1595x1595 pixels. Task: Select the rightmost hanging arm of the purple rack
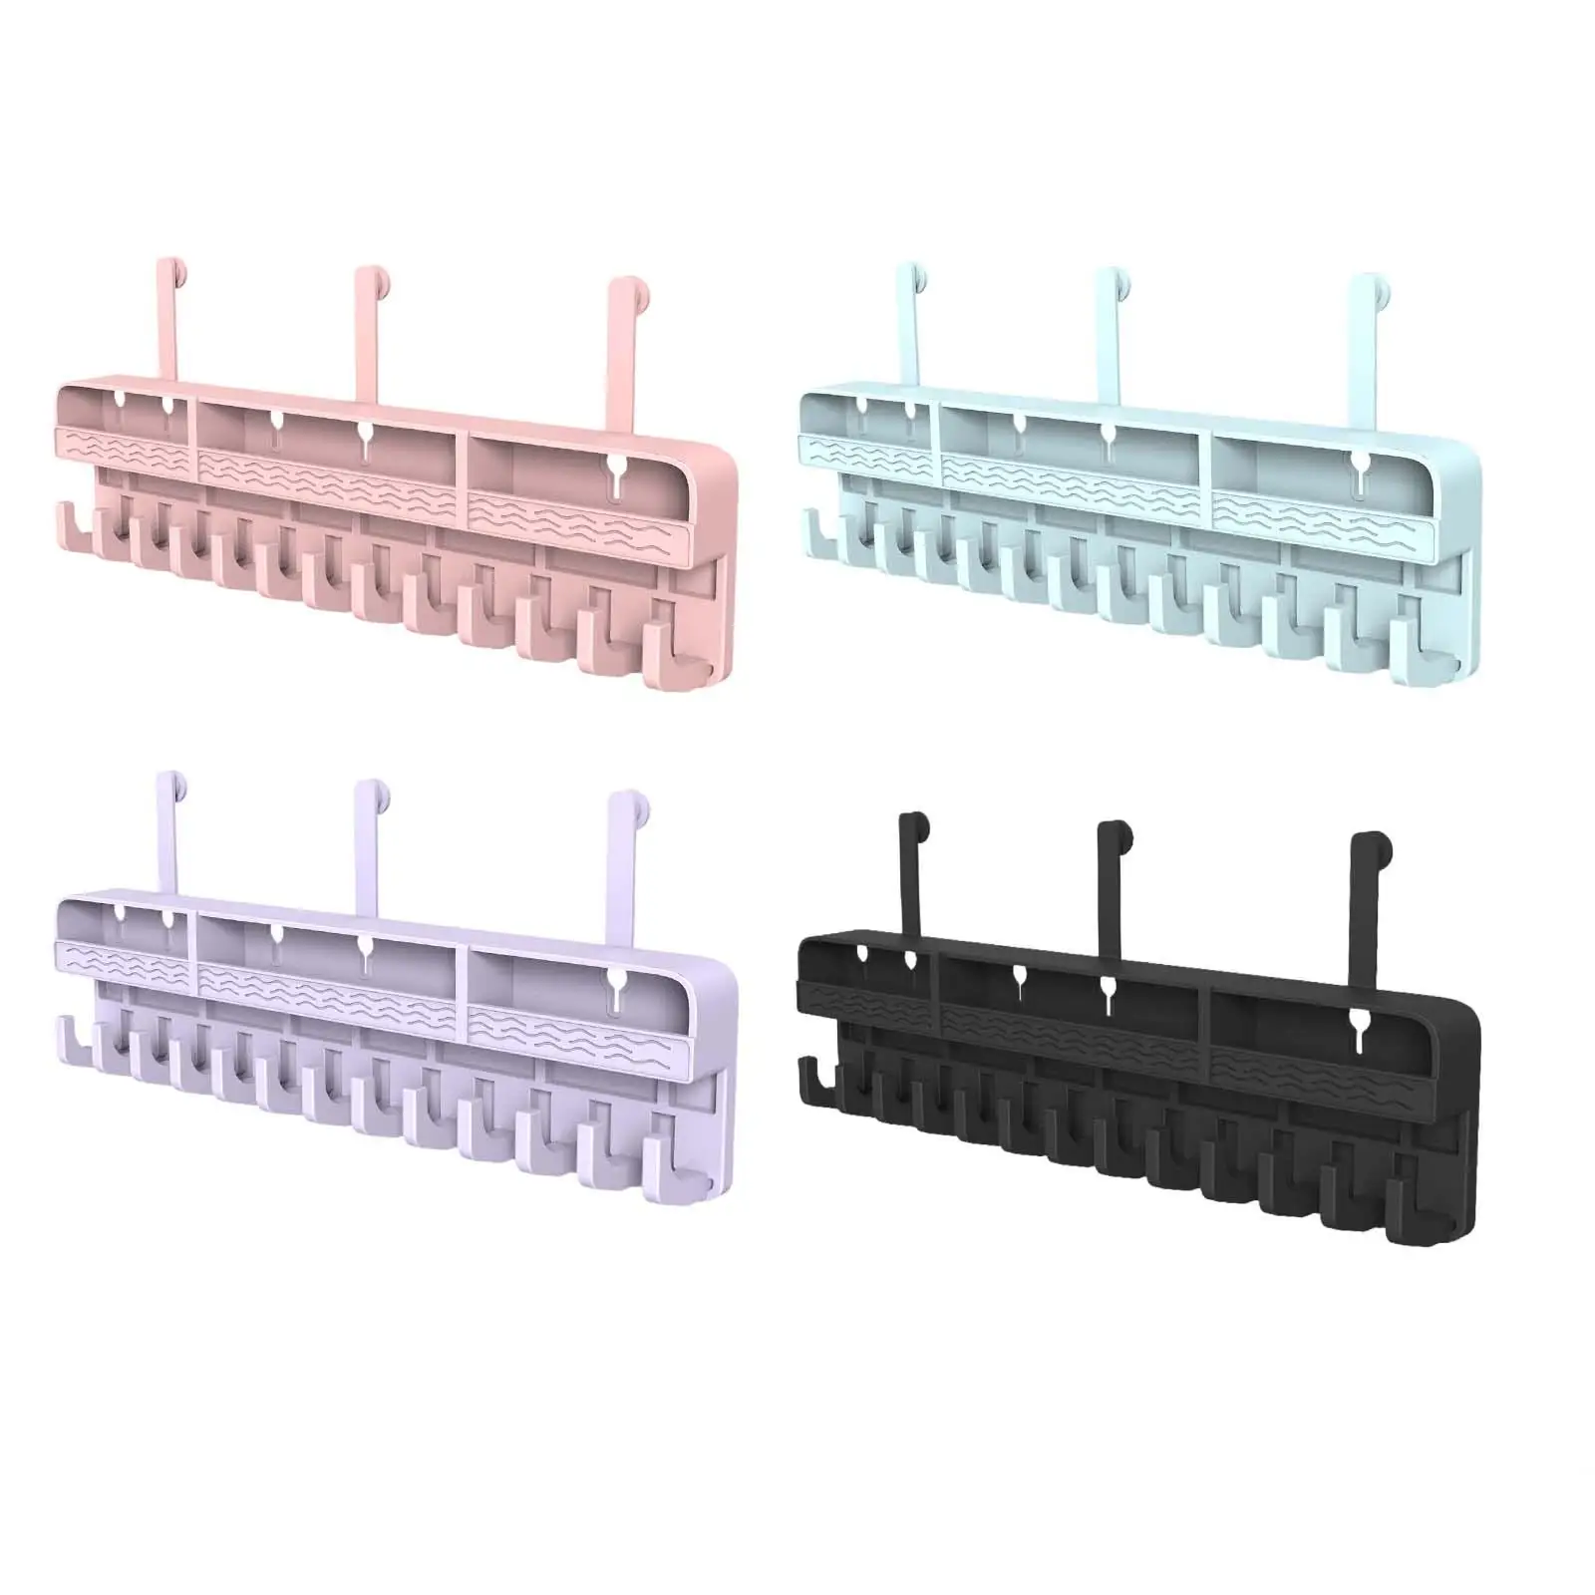point(620,853)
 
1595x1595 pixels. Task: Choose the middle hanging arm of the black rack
point(1110,877)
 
